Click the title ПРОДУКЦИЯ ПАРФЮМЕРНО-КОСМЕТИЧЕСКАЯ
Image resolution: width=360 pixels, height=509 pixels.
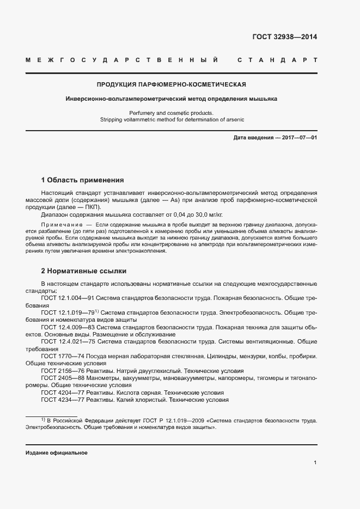[172, 84]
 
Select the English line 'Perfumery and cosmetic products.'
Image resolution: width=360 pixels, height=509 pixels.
[172, 113]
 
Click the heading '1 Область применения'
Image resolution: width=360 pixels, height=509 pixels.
[82, 180]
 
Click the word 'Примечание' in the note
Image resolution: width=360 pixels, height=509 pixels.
[61, 224]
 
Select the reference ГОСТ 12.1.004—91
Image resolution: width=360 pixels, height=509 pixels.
[68, 298]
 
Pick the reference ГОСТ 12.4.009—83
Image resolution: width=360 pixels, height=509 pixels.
[68, 327]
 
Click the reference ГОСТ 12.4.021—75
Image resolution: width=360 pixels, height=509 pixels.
[68, 341]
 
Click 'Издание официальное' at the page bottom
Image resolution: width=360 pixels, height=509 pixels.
[57, 453]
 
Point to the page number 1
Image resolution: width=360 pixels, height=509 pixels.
[315, 462]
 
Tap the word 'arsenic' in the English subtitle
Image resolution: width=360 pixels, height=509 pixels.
[234, 119]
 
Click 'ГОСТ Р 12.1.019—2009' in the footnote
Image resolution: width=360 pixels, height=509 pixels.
[174, 420]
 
